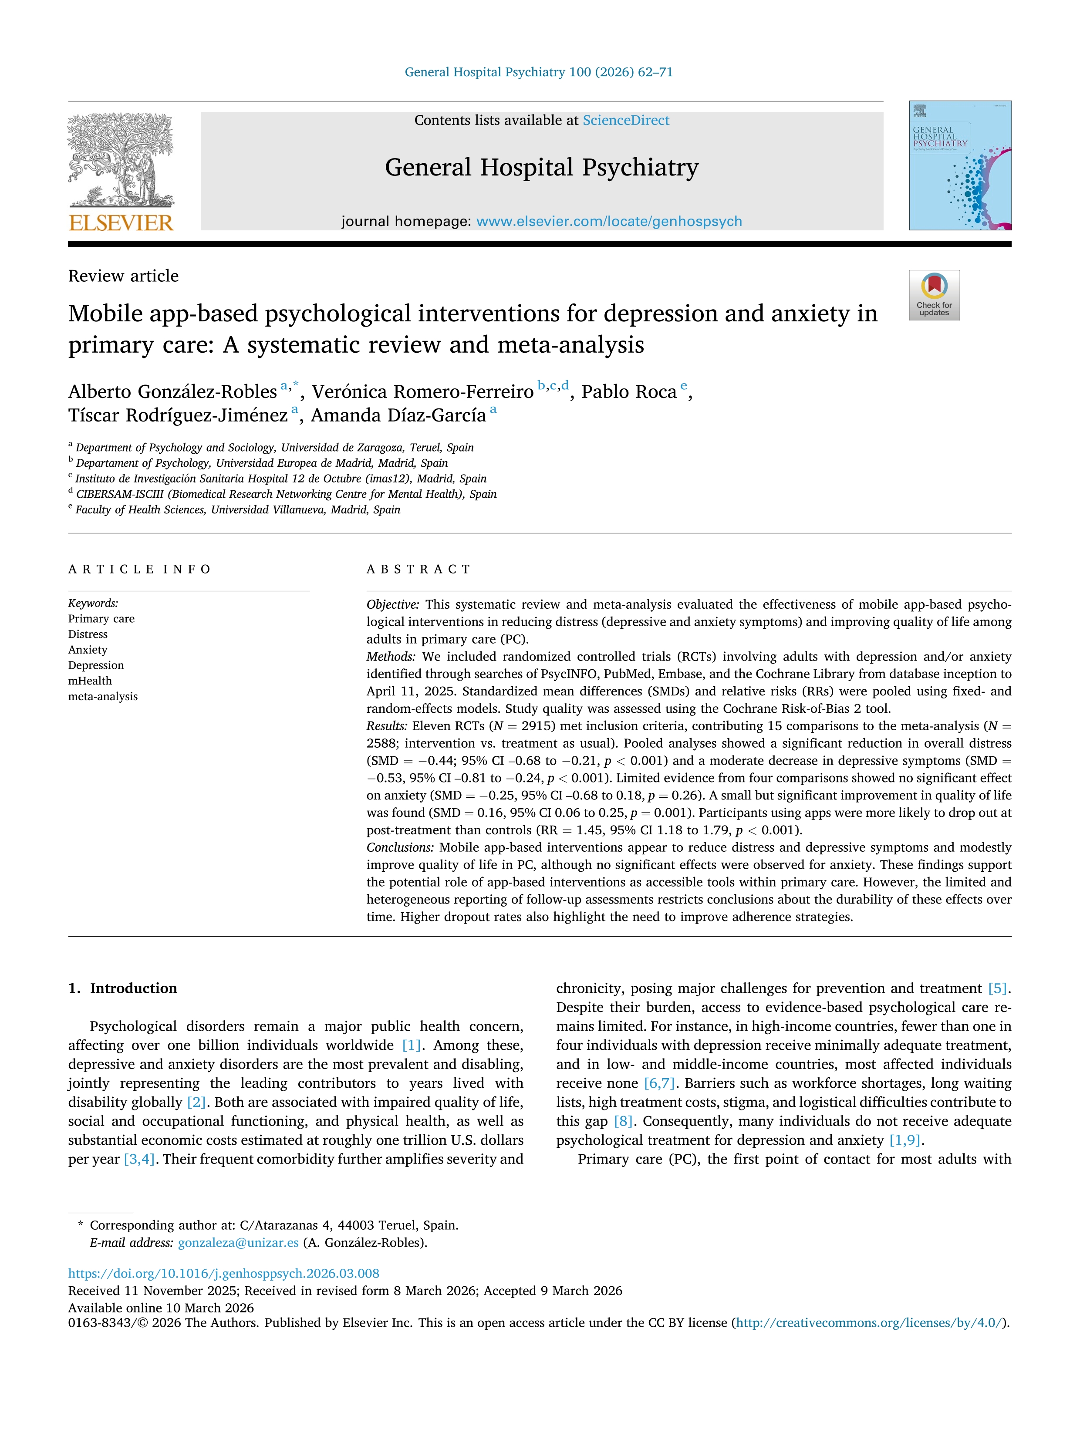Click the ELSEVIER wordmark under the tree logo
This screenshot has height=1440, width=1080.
coord(121,223)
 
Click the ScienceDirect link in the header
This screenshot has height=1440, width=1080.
coord(626,121)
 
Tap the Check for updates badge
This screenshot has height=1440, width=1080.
coord(934,295)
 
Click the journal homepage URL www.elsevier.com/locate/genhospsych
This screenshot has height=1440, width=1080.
coord(609,221)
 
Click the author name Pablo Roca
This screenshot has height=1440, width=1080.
coord(629,392)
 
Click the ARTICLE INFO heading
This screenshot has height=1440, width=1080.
coord(139,569)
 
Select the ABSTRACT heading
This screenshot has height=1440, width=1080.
coord(418,569)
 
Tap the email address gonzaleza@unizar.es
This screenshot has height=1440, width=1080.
coord(238,1242)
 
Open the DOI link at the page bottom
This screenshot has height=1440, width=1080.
coord(223,1273)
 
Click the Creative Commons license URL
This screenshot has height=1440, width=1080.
coord(870,1323)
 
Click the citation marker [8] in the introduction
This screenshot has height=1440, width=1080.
coord(623,1121)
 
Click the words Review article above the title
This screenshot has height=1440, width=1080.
coord(123,276)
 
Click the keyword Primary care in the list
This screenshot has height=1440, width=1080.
coord(101,618)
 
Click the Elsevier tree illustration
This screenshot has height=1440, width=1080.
coord(121,159)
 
